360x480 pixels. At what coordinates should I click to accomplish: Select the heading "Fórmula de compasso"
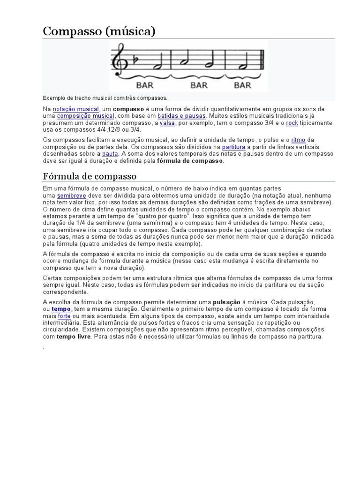90,176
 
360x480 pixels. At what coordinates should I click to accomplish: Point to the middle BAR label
199,85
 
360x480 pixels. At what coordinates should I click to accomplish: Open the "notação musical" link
76,109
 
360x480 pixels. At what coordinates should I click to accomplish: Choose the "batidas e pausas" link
181,116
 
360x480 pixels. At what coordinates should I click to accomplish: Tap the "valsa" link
167,123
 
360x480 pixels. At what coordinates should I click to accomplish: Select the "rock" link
292,123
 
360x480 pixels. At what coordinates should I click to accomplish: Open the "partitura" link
233,147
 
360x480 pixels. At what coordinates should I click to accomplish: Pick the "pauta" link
110,153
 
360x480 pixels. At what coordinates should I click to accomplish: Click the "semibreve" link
72,195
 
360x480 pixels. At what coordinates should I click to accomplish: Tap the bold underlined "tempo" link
61,309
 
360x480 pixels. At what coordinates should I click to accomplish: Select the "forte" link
64,316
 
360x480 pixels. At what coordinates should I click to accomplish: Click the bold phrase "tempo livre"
75,337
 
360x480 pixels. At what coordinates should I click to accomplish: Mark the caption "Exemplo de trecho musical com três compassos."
105,98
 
